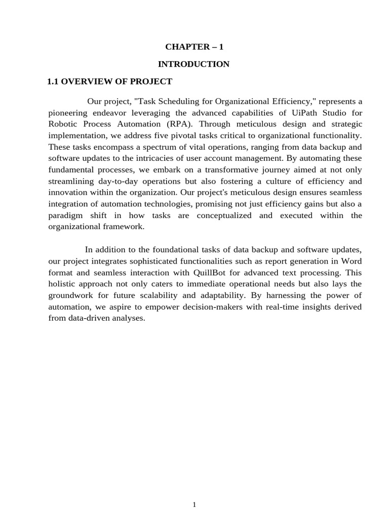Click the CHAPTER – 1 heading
click(x=194, y=47)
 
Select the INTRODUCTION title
click(x=194, y=64)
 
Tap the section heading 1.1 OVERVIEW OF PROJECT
click(x=110, y=81)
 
